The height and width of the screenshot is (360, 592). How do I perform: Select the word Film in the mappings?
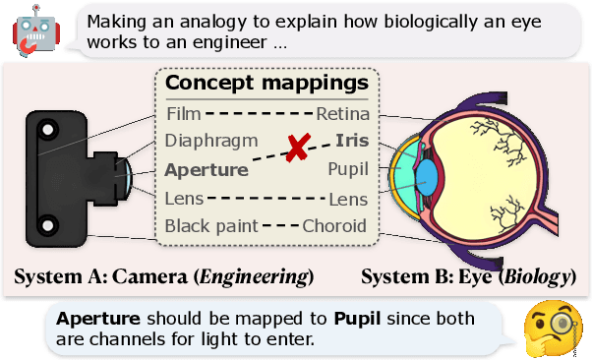point(183,114)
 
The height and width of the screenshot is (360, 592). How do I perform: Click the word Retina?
point(342,114)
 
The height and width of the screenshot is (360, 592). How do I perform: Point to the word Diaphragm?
point(211,142)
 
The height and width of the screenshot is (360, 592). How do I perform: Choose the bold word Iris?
point(351,142)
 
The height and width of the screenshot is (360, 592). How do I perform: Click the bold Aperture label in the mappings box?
point(207,170)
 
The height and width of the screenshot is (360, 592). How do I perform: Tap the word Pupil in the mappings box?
point(348,170)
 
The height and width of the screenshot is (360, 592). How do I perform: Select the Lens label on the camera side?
point(185,199)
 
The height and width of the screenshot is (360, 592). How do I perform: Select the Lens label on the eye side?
point(348,199)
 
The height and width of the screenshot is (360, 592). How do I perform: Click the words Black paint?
point(210,226)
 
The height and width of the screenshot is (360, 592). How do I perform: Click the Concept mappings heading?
point(266,83)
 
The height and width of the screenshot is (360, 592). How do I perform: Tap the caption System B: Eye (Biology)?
point(468,276)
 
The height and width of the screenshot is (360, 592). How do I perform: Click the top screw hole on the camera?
point(46,127)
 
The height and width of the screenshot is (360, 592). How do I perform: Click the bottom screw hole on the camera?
point(46,227)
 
